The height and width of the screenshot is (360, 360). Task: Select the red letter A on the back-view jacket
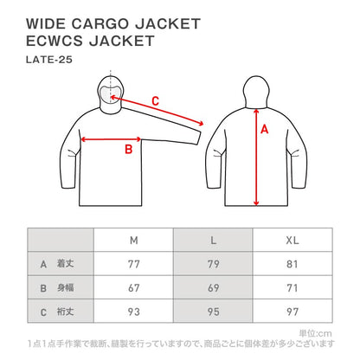coord(265,130)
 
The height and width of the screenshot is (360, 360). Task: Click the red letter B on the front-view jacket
coord(127,150)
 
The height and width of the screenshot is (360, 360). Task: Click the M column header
coord(133,239)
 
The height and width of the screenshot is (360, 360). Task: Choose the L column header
coord(212,239)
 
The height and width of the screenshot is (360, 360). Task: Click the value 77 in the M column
coord(133,264)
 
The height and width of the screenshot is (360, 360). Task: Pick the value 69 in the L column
coord(212,287)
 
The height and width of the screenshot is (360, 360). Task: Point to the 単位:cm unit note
coord(314,331)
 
